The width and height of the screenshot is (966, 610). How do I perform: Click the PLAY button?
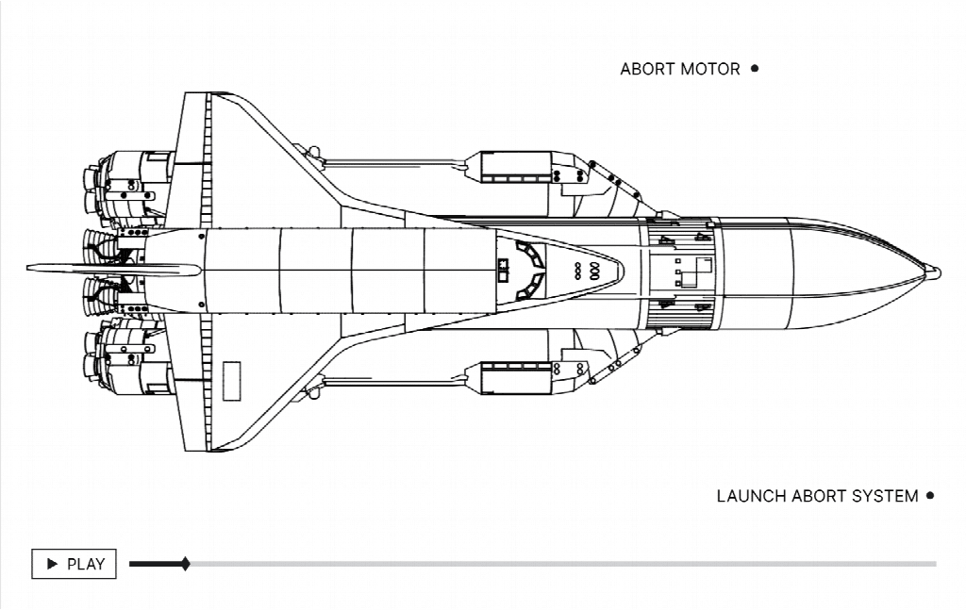(x=74, y=564)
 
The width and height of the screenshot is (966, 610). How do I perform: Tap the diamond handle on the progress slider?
(x=186, y=564)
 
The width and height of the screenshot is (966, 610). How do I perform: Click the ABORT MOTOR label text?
(x=680, y=69)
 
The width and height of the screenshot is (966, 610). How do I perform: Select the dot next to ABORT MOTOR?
(x=755, y=68)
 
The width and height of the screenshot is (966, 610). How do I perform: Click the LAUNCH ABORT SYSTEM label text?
(x=818, y=496)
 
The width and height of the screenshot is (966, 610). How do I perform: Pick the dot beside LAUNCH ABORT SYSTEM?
(x=930, y=495)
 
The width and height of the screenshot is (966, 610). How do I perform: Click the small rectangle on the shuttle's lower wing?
(x=232, y=381)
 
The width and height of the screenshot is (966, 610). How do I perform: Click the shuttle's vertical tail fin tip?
(x=28, y=268)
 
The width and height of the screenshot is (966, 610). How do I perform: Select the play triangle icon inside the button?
(x=53, y=564)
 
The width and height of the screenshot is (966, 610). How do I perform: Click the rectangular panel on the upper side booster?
(x=516, y=167)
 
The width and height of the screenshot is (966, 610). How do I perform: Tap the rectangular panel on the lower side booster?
(x=516, y=378)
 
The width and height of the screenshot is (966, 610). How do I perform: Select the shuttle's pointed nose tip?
(x=624, y=271)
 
